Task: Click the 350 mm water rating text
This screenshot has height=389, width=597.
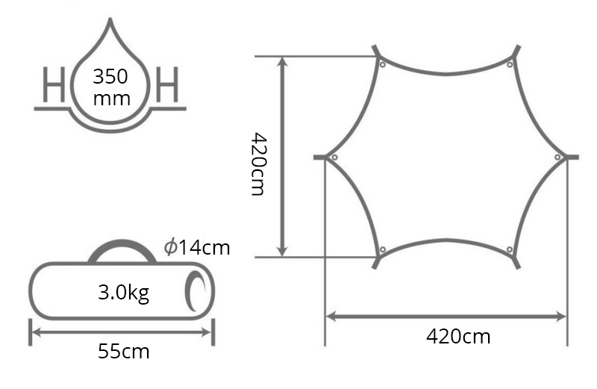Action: tap(111, 87)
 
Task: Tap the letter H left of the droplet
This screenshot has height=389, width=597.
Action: tap(54, 84)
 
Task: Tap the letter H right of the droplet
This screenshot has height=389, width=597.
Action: tap(167, 84)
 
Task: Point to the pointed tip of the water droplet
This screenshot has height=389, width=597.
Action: tap(110, 19)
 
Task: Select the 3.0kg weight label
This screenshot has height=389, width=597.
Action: tap(124, 293)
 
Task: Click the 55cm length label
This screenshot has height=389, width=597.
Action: tap(124, 351)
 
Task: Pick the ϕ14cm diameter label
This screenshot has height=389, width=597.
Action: tap(197, 248)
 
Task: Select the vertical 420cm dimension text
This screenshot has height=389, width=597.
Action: tap(259, 164)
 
